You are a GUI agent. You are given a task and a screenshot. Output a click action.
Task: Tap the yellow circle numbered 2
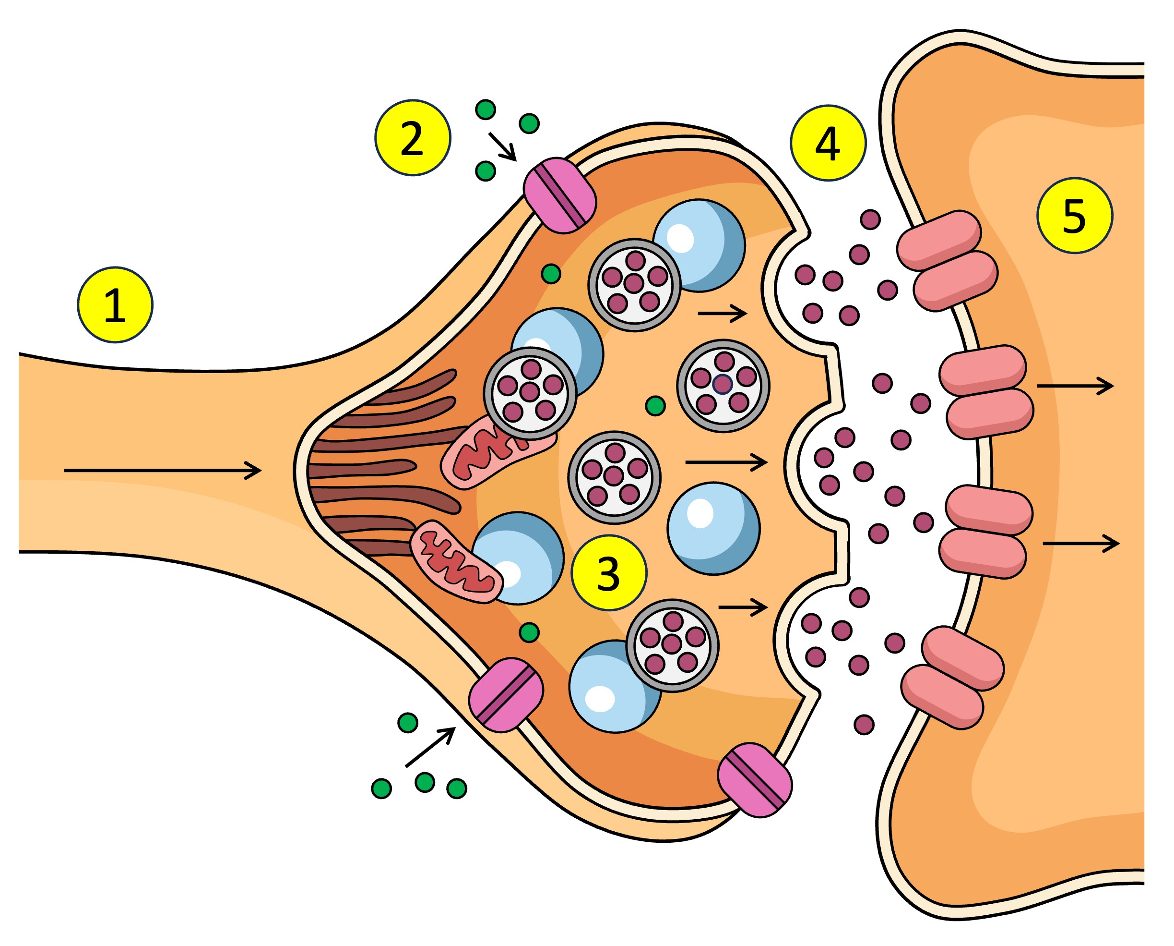click(412, 138)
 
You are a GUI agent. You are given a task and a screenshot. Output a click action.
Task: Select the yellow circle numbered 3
click(609, 573)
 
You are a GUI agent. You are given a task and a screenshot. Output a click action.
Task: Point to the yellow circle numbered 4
click(828, 143)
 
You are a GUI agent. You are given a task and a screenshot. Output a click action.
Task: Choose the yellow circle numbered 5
click(1074, 215)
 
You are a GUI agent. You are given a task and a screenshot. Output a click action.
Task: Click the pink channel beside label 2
click(560, 195)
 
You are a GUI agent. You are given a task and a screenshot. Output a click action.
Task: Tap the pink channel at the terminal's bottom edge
click(755, 780)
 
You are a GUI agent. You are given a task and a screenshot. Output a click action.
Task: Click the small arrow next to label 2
click(502, 146)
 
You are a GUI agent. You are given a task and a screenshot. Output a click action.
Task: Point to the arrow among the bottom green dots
click(430, 747)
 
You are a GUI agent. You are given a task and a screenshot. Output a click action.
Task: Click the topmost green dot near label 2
click(485, 109)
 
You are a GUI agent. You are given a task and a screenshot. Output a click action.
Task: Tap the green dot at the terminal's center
click(655, 405)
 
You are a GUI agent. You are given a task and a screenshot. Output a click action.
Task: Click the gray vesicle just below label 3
click(673, 646)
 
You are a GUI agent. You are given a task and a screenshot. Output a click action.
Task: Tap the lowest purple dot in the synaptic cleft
click(864, 725)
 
